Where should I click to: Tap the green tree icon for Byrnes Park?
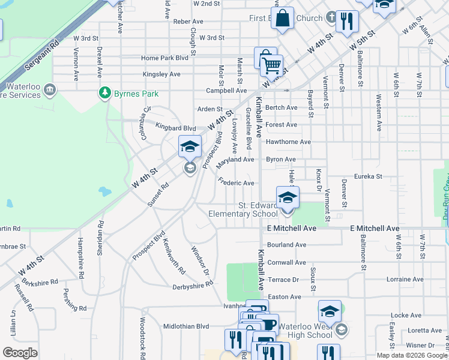click(105, 93)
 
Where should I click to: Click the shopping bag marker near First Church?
click(283, 17)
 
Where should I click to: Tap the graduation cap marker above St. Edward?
click(288, 197)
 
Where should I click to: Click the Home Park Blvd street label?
click(165, 58)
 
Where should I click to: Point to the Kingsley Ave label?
click(161, 74)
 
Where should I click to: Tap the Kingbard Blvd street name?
click(176, 128)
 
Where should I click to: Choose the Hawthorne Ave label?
click(288, 142)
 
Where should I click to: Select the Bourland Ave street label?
click(286, 245)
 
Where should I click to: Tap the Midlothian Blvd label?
click(186, 326)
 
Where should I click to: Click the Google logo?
click(20, 352)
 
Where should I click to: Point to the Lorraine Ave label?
click(405, 279)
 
